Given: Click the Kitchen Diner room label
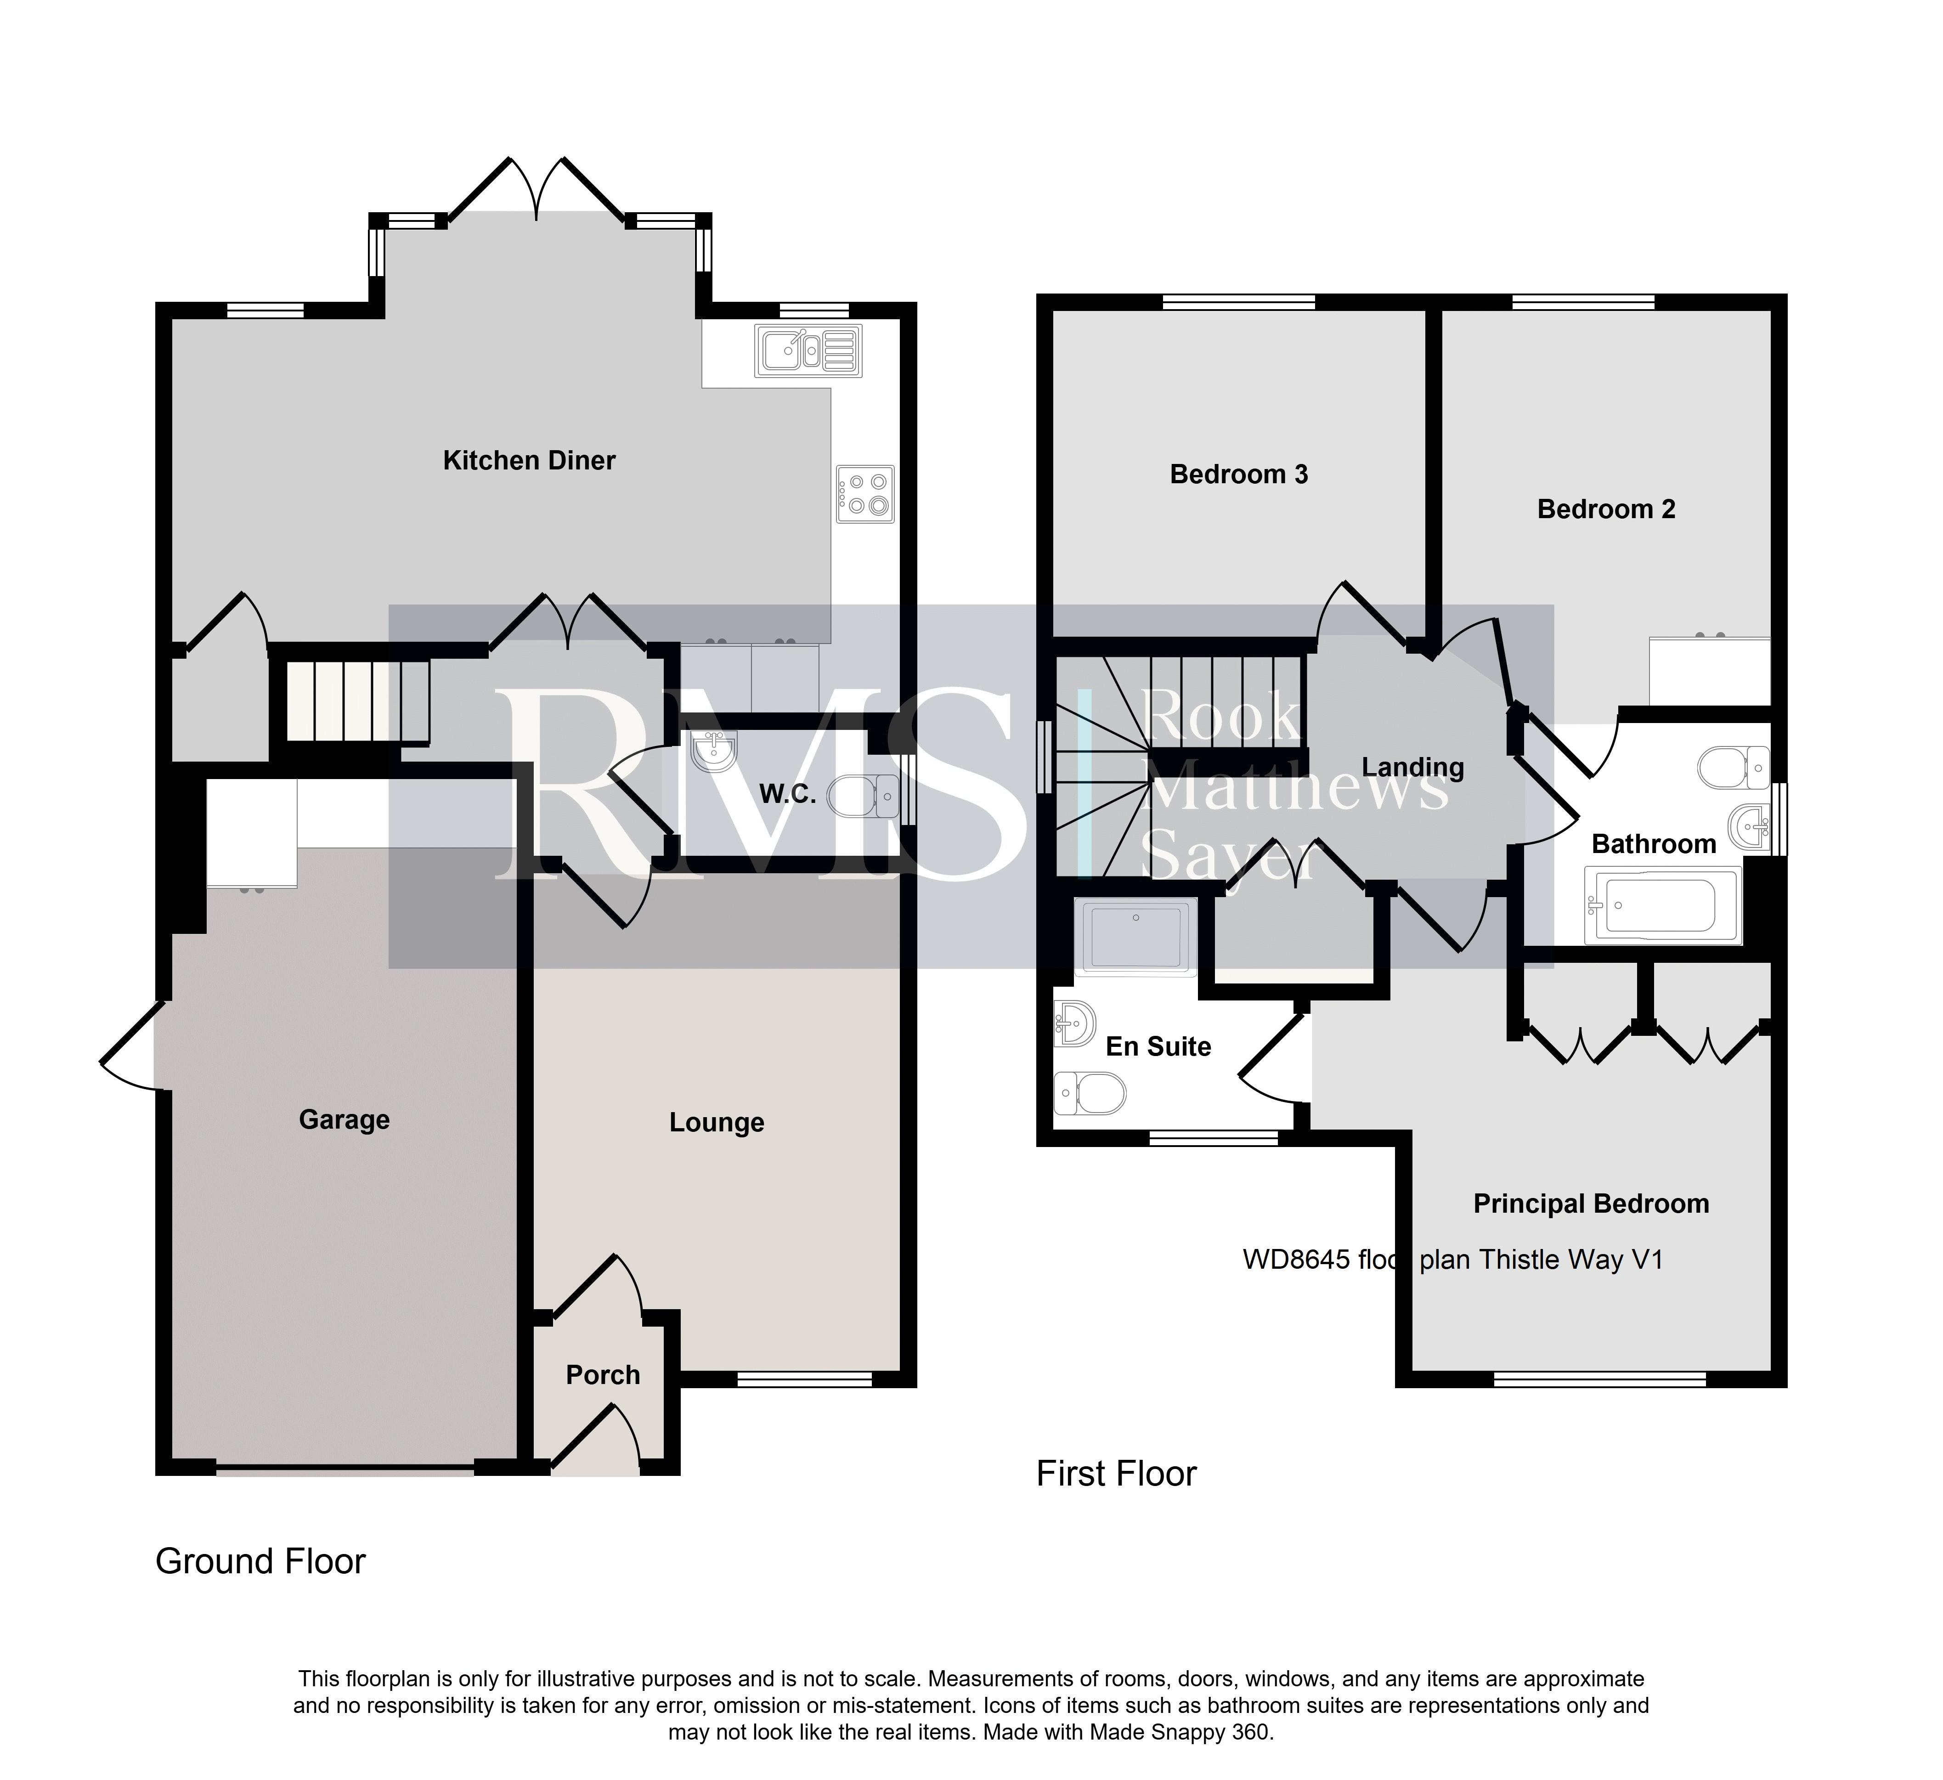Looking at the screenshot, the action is point(529,461).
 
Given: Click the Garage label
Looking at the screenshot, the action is point(344,1120).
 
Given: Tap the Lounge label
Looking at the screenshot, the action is point(717,1123).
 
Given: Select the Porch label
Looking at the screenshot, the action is point(603,1375).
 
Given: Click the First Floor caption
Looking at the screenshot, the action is point(1116,1474).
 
